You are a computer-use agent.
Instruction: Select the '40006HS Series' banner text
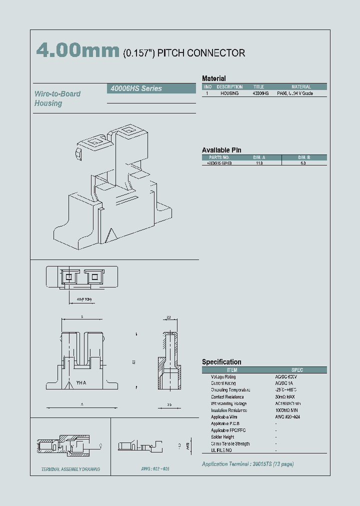click(135, 88)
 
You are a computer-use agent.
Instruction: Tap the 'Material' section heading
click(213, 78)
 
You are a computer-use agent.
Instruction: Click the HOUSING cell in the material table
click(229, 93)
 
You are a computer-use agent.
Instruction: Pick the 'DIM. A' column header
click(259, 157)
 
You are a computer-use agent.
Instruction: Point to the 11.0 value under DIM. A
click(259, 163)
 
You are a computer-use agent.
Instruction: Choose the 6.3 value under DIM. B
click(304, 163)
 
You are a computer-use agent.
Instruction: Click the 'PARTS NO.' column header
click(219, 157)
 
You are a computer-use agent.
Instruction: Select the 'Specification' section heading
click(221, 362)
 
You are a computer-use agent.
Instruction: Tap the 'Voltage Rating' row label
click(223, 376)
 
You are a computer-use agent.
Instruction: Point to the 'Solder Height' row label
click(223, 437)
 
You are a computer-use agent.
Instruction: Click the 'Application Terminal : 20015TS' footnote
click(247, 464)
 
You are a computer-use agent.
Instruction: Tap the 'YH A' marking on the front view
click(81, 383)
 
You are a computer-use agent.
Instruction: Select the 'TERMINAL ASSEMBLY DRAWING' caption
click(70, 469)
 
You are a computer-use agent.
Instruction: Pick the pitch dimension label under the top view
click(84, 299)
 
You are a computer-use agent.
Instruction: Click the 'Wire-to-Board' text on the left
click(57, 93)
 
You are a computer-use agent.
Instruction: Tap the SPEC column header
click(296, 370)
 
